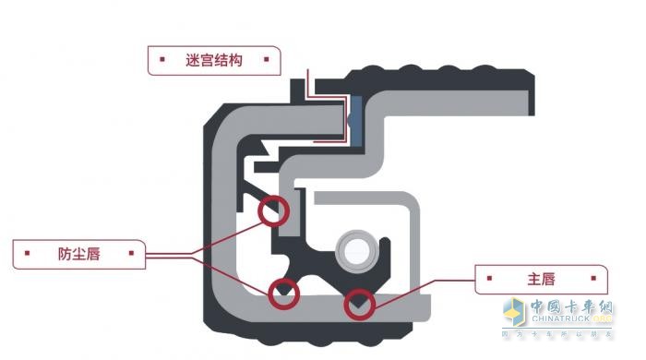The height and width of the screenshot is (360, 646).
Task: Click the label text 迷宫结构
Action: pos(213,61)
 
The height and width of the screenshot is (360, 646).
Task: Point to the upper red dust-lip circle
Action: pos(273,211)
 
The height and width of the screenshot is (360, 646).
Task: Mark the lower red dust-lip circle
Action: pos(283,294)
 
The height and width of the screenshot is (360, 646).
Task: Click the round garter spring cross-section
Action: pos(355,249)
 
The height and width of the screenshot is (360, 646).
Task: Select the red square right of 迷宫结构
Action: pos(266,61)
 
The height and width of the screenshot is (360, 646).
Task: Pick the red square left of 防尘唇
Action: pos(29,253)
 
